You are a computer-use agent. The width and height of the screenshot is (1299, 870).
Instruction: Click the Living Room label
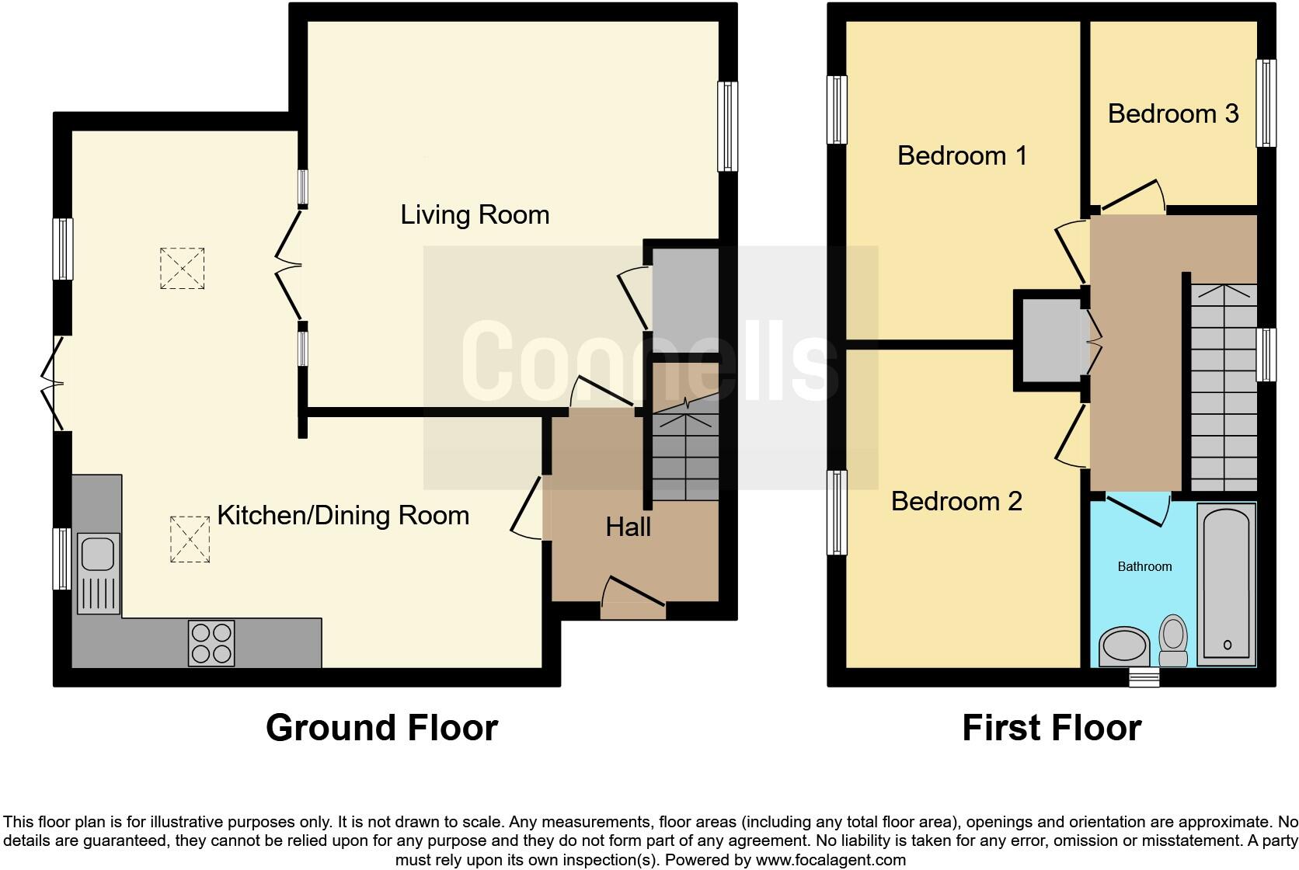pyautogui.click(x=475, y=214)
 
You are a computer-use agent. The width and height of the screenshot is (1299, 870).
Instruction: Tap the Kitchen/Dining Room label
pyautogui.click(x=343, y=515)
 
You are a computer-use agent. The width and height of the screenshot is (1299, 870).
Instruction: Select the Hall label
pyautogui.click(x=628, y=527)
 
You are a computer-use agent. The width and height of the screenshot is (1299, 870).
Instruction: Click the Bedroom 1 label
pyautogui.click(x=962, y=155)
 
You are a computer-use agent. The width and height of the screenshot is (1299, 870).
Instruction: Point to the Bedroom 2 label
pyautogui.click(x=956, y=501)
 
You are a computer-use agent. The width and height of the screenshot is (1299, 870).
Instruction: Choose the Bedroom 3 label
pyautogui.click(x=1172, y=113)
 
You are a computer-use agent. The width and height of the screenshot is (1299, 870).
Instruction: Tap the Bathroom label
pyautogui.click(x=1144, y=566)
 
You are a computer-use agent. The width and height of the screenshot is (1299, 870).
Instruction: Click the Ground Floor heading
pyautogui.click(x=381, y=728)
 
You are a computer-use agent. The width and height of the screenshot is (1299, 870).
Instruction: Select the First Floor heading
pyautogui.click(x=1051, y=728)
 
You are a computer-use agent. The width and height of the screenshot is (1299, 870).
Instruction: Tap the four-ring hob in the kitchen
pyautogui.click(x=211, y=642)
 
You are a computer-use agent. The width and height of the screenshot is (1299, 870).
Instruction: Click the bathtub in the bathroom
pyautogui.click(x=1227, y=583)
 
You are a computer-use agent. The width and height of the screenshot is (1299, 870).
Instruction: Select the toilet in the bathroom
pyautogui.click(x=1173, y=640)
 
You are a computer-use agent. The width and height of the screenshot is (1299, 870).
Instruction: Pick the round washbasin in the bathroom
pyautogui.click(x=1124, y=646)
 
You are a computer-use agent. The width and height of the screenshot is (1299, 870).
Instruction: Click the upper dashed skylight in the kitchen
pyautogui.click(x=182, y=268)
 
